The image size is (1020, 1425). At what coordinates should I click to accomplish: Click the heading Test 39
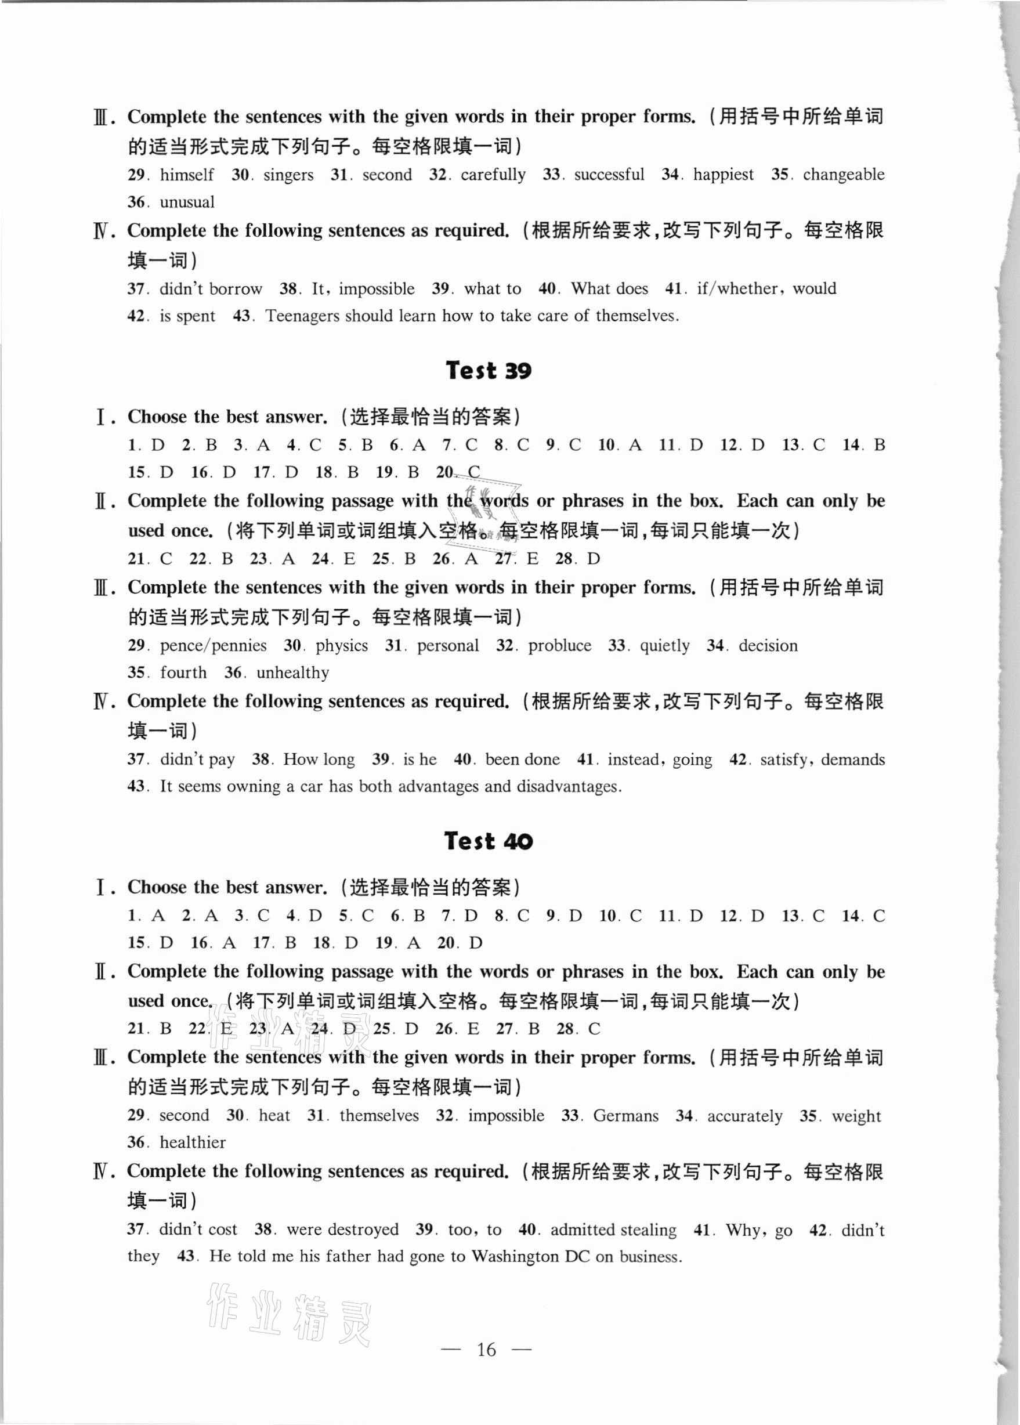click(x=488, y=370)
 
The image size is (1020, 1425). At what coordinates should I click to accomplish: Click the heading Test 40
click(x=488, y=840)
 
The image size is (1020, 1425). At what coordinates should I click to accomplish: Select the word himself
click(x=187, y=175)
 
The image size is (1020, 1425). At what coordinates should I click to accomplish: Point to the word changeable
click(x=843, y=175)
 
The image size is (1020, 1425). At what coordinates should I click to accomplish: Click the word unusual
click(x=187, y=202)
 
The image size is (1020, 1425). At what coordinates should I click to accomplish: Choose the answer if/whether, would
click(x=766, y=288)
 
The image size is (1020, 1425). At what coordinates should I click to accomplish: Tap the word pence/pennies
click(x=213, y=646)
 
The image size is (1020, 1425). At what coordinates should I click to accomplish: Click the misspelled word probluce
click(x=559, y=646)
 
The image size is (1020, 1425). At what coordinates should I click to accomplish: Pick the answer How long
click(x=319, y=759)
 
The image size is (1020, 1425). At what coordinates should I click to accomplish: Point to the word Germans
click(x=625, y=1115)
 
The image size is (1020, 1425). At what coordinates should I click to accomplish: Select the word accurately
click(x=745, y=1115)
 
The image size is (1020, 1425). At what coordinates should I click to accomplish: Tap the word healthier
click(x=192, y=1142)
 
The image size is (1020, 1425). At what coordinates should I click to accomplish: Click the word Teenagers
click(x=303, y=315)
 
